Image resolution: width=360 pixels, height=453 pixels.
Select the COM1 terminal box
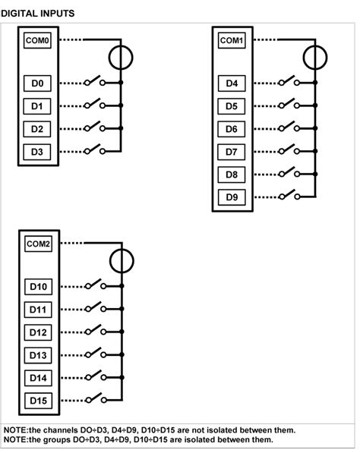pyautogui.click(x=232, y=40)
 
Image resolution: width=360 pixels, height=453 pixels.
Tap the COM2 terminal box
pyautogui.click(x=38, y=244)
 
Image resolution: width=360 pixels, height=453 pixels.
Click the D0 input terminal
pyautogui.click(x=38, y=83)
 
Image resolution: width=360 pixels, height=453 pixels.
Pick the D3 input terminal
pyautogui.click(x=38, y=152)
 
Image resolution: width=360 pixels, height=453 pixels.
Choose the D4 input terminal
pyautogui.click(x=232, y=83)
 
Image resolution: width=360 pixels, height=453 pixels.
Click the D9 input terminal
pyautogui.click(x=232, y=197)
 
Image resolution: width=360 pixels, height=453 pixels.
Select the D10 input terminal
pyautogui.click(x=38, y=287)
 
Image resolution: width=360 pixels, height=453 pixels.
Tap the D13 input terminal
pyautogui.click(x=38, y=355)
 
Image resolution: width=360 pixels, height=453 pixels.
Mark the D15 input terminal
pyautogui.click(x=38, y=400)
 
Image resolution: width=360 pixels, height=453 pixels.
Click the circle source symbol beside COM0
pyautogui.click(x=121, y=57)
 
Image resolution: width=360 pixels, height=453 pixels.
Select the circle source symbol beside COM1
pyautogui.click(x=314, y=57)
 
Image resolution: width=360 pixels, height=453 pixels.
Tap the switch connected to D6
pyautogui.click(x=289, y=127)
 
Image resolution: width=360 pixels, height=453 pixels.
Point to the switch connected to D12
pyautogui.click(x=95, y=332)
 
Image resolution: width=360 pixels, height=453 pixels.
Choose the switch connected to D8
pyautogui.click(x=289, y=173)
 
